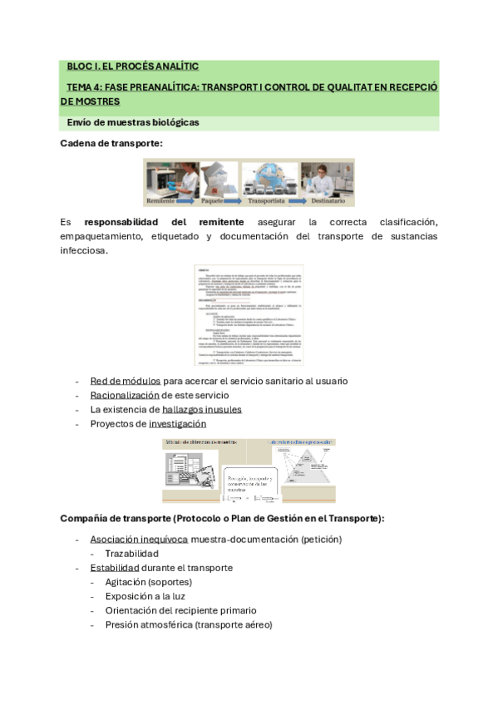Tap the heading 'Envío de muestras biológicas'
click(133, 122)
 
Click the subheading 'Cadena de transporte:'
click(111, 144)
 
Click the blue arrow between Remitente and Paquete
click(191, 201)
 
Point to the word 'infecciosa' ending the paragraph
click(83, 250)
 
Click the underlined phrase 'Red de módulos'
click(126, 381)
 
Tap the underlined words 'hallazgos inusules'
click(202, 409)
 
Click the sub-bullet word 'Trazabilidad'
click(131, 553)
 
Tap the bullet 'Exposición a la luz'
click(145, 596)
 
